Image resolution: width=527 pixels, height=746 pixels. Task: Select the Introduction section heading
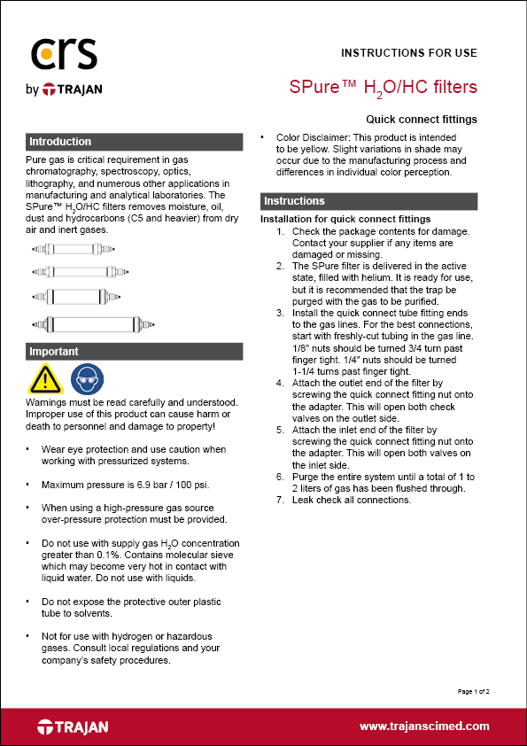[x=60, y=142]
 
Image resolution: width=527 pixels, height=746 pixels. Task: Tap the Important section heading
[x=54, y=352]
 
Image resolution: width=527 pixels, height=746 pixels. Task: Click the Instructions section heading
[x=295, y=201]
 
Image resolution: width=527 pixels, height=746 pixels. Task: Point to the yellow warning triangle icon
[x=44, y=379]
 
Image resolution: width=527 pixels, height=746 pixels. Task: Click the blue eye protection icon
[x=86, y=379]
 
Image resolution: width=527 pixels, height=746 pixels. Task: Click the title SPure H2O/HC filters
[x=384, y=87]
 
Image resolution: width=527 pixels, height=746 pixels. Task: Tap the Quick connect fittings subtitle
[x=422, y=119]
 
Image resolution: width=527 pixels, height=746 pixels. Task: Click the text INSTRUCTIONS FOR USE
[x=409, y=52]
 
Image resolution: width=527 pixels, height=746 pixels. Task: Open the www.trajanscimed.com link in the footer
[x=424, y=726]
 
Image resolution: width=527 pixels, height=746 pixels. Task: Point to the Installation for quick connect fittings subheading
[x=345, y=219]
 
